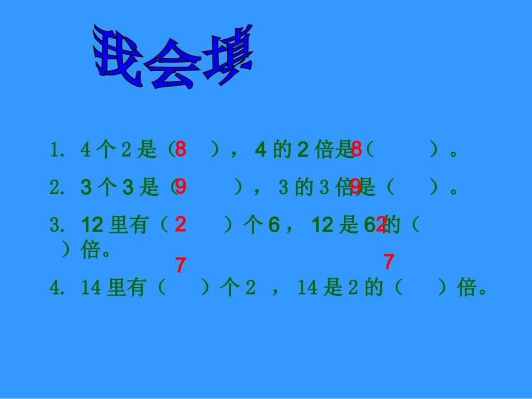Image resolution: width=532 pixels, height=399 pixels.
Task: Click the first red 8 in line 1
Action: point(180,149)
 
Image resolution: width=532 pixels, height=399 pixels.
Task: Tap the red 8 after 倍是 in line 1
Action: point(357,149)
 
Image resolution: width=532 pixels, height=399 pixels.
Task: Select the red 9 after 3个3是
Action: point(180,187)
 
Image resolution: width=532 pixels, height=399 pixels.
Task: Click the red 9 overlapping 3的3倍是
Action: point(356,187)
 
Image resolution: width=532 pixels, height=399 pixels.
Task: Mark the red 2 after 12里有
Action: point(180,224)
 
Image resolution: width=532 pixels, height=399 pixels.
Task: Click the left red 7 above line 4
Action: point(180,265)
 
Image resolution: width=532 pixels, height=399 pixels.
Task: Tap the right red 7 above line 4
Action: point(389,261)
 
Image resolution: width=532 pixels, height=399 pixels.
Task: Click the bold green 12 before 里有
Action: point(92,225)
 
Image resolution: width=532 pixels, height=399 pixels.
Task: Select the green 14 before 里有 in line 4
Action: point(91,288)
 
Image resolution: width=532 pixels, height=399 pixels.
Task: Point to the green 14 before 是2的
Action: point(307,288)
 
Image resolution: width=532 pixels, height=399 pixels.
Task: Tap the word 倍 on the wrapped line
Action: point(91,250)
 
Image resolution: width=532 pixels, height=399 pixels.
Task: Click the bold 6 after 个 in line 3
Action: point(273,225)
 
